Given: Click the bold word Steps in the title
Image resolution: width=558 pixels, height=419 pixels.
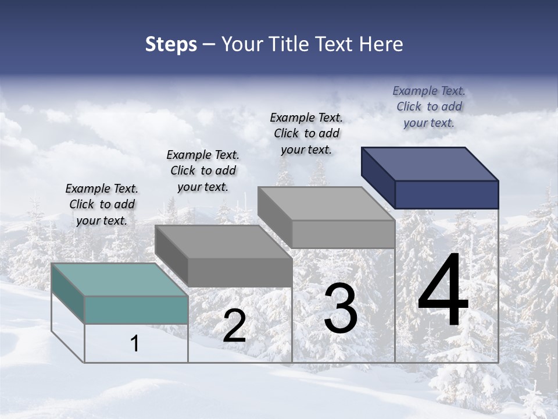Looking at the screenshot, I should point(171,44).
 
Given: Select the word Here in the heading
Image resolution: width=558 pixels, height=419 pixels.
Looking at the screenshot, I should point(381,44).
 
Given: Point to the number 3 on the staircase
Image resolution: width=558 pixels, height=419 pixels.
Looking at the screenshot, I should point(341,308).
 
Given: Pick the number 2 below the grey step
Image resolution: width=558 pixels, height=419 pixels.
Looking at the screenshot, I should point(234,326).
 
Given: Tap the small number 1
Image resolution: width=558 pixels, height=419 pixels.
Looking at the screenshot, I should point(134,344).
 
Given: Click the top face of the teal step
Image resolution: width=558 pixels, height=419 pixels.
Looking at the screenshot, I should point(119,279).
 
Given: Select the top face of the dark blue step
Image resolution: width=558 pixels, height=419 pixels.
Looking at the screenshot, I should point(430,164).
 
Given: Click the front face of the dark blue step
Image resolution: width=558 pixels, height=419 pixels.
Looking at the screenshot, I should point(446,194).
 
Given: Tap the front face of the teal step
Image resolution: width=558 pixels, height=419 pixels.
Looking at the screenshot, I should point(136,310).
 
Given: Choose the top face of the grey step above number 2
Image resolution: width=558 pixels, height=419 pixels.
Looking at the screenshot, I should point(223,242).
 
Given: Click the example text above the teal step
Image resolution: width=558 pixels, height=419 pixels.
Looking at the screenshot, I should point(102,204).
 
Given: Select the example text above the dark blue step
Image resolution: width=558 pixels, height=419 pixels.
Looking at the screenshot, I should point(429,106).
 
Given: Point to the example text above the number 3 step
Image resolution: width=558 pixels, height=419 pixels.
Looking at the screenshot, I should point(306,133).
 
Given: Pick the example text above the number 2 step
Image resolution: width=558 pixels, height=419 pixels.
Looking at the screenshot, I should point(203,171).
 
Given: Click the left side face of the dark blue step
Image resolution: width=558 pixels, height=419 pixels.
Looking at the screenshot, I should point(378,177).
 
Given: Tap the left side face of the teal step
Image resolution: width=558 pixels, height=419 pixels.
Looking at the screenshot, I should point(68,294).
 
